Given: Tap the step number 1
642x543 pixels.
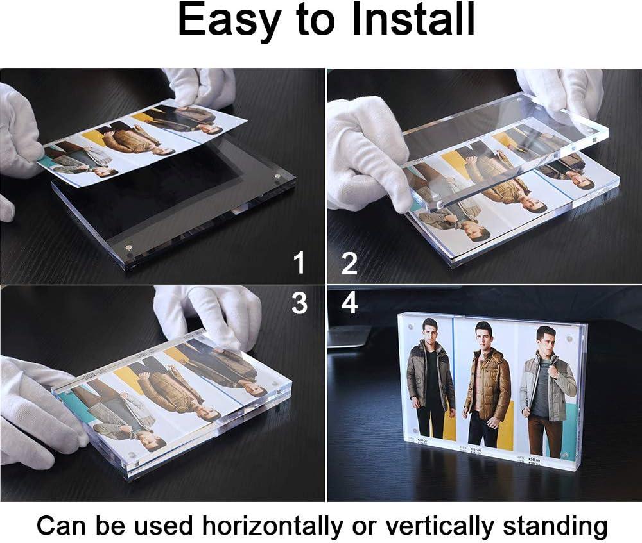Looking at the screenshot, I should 299,263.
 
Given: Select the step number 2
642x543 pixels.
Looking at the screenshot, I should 349,263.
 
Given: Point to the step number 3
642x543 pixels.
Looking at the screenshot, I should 299,303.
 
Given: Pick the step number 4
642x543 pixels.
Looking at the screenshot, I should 349,303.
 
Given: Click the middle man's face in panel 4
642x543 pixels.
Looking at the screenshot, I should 483,335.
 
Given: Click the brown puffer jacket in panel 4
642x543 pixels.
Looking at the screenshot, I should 487,385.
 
